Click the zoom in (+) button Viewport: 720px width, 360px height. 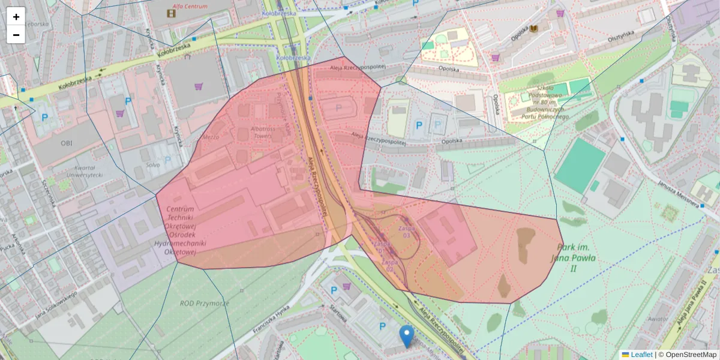pyautogui.click(x=16, y=17)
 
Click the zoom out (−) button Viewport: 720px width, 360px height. pyautogui.click(x=16, y=35)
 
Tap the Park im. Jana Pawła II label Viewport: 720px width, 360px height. pyautogui.click(x=573, y=258)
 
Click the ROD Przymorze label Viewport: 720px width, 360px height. pyautogui.click(x=205, y=304)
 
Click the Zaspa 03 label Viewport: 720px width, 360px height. pyautogui.click(x=406, y=231)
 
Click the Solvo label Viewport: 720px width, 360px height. pyautogui.click(x=153, y=164)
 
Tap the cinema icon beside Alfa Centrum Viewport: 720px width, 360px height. pyautogui.click(x=174, y=11)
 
